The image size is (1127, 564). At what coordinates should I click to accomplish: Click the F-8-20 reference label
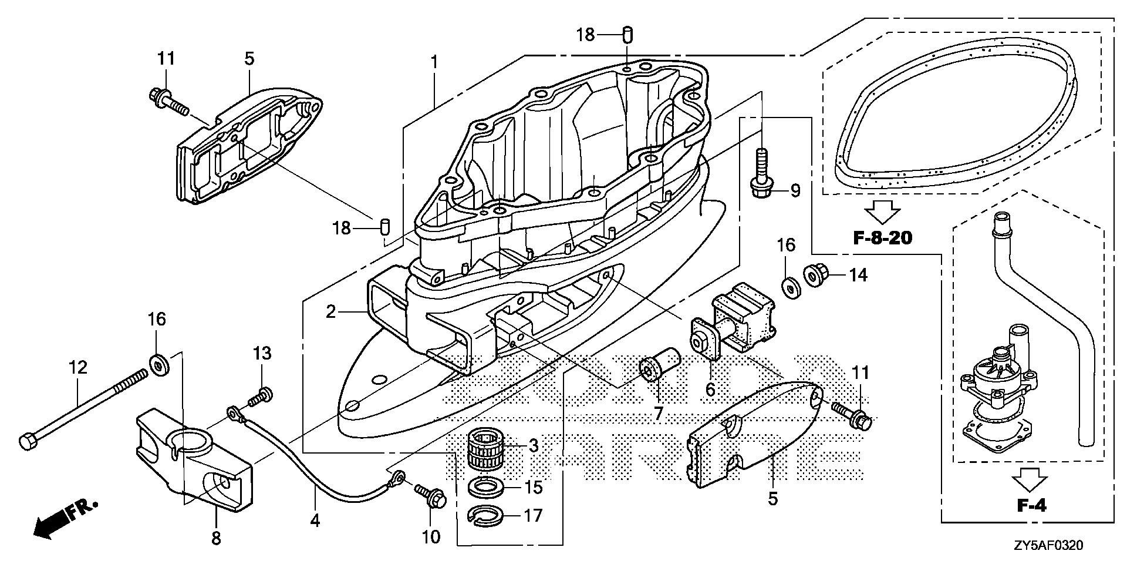click(x=882, y=238)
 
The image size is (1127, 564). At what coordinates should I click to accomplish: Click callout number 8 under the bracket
click(x=216, y=538)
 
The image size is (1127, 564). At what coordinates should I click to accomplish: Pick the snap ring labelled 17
click(x=488, y=516)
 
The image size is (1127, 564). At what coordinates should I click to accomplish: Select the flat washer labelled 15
click(x=488, y=487)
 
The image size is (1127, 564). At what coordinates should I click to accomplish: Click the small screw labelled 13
click(x=259, y=397)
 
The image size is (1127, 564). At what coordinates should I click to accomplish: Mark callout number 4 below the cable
click(x=315, y=520)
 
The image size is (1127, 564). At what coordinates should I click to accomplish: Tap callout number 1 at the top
click(x=434, y=62)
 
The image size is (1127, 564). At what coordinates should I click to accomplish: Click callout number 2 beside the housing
click(x=331, y=311)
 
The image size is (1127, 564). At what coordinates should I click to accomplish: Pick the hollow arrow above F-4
click(x=1030, y=479)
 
